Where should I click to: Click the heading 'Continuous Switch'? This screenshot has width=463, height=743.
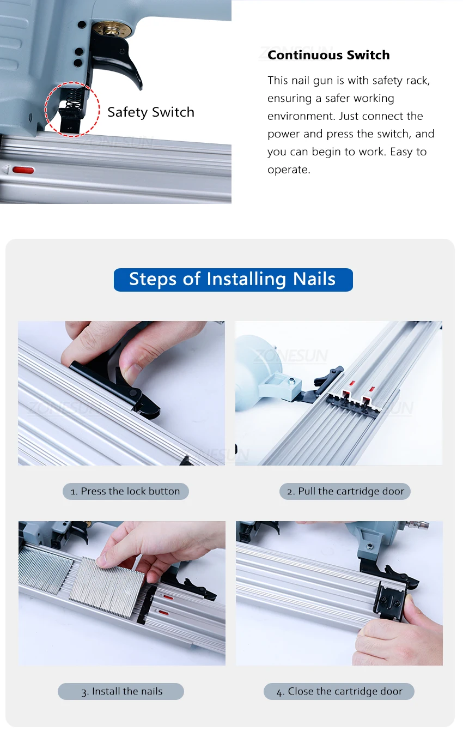328,55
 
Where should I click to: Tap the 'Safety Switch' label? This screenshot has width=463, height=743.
151,112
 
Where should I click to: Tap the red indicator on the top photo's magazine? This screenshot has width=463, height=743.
23,171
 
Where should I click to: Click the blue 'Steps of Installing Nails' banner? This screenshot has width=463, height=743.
233,280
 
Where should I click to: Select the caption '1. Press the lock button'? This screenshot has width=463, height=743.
126,491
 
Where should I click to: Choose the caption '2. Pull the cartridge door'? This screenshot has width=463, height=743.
345,491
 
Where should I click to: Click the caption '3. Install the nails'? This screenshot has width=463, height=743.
121,691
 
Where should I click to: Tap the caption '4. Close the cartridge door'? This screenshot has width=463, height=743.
339,691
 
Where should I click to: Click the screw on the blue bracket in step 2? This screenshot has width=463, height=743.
291,380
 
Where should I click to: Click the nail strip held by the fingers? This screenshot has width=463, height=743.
107,588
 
